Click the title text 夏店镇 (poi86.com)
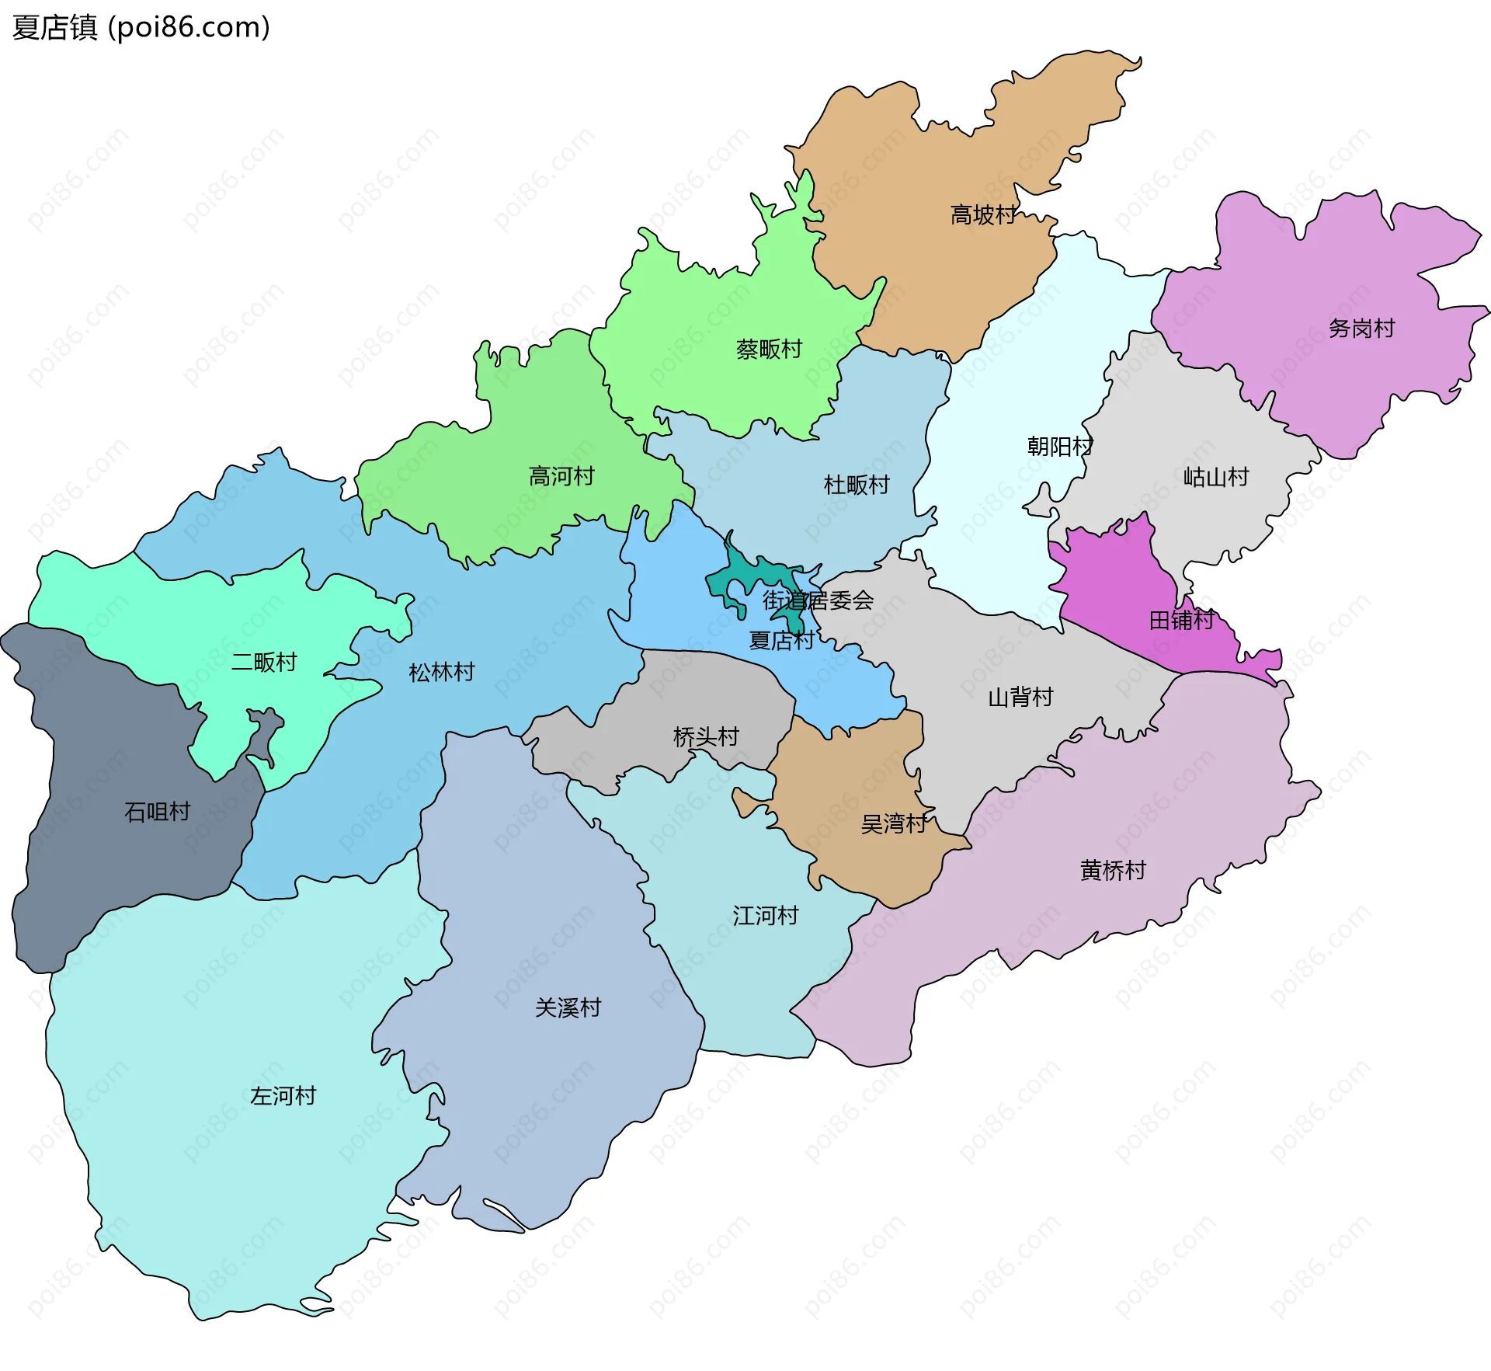141,27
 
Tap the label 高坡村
983,215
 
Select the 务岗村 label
1361,329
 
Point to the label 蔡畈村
769,350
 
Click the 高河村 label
561,476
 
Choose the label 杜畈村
857,485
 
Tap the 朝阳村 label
1060,447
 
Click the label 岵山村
1216,477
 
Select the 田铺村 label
1182,621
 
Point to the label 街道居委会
818,600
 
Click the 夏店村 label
781,641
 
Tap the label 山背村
1020,698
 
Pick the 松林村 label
442,673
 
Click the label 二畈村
264,663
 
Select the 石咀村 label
158,813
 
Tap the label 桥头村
706,737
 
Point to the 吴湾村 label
894,824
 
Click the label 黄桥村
1113,871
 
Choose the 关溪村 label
568,1008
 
